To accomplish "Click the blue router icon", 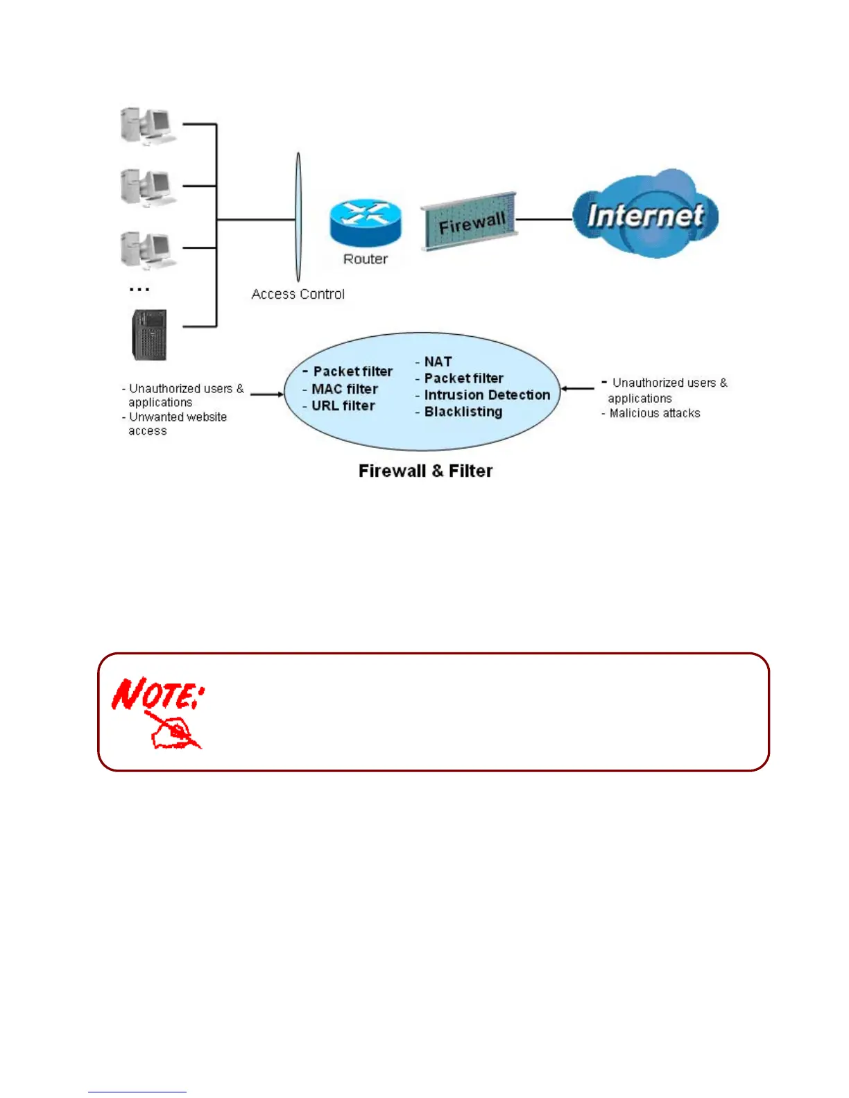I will click(x=366, y=223).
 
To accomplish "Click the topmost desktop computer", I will click(x=148, y=126).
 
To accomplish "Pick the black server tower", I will click(x=149, y=335).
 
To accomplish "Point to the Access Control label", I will click(x=298, y=294).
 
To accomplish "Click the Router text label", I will click(x=366, y=259).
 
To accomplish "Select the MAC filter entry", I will click(x=344, y=389).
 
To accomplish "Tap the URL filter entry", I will click(x=343, y=406).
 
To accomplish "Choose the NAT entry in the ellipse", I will click(x=437, y=362).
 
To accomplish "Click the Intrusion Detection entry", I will click(x=486, y=395).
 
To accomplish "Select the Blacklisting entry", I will click(x=463, y=412).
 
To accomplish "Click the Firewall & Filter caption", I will click(x=425, y=471).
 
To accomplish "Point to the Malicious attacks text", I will click(x=654, y=413).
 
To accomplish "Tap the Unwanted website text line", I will click(x=178, y=417).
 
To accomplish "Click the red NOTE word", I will click(x=158, y=693).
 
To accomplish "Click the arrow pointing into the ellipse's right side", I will click(x=577, y=389).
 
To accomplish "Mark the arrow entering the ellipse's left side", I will click(x=267, y=394).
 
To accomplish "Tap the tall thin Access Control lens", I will click(x=298, y=218).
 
